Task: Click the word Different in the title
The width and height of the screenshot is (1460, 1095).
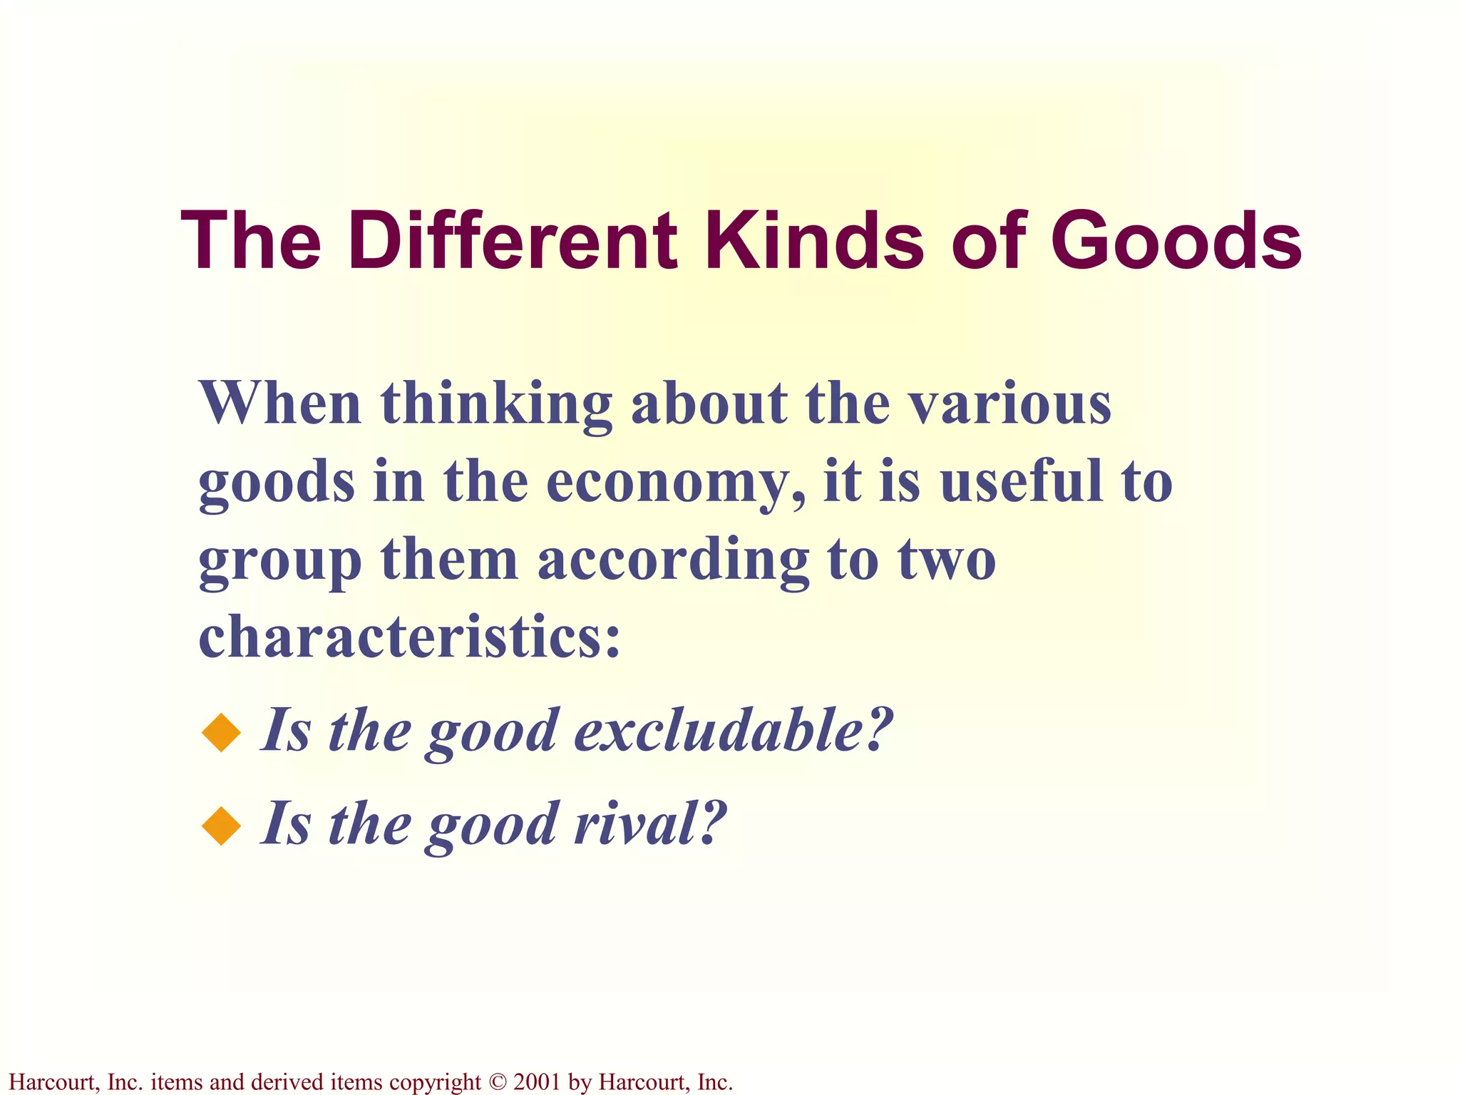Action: pyautogui.click(x=513, y=240)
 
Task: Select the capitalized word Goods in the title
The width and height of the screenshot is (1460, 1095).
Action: pyautogui.click(x=1176, y=240)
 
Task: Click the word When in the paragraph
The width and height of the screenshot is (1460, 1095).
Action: pyautogui.click(x=280, y=403)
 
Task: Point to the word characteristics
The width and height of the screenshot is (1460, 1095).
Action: pyautogui.click(x=409, y=636)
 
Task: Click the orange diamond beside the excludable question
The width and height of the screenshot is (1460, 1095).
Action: pyautogui.click(x=222, y=732)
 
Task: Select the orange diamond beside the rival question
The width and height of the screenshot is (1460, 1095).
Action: pyautogui.click(x=222, y=825)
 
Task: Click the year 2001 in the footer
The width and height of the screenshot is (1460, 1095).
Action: pyautogui.click(x=536, y=1081)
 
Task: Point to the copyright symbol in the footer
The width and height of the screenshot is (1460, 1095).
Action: pyautogui.click(x=497, y=1082)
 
